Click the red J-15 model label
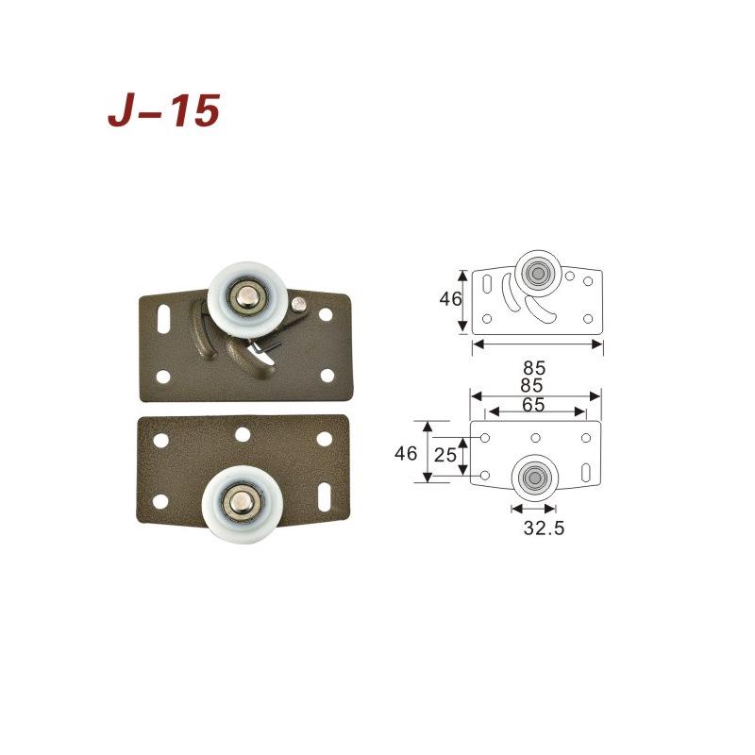[163, 110]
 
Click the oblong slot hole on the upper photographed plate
[163, 318]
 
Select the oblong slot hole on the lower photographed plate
[326, 497]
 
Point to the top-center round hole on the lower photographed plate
[243, 435]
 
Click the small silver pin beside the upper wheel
[299, 304]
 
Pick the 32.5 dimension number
[544, 528]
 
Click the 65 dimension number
[533, 405]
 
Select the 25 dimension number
[445, 455]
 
